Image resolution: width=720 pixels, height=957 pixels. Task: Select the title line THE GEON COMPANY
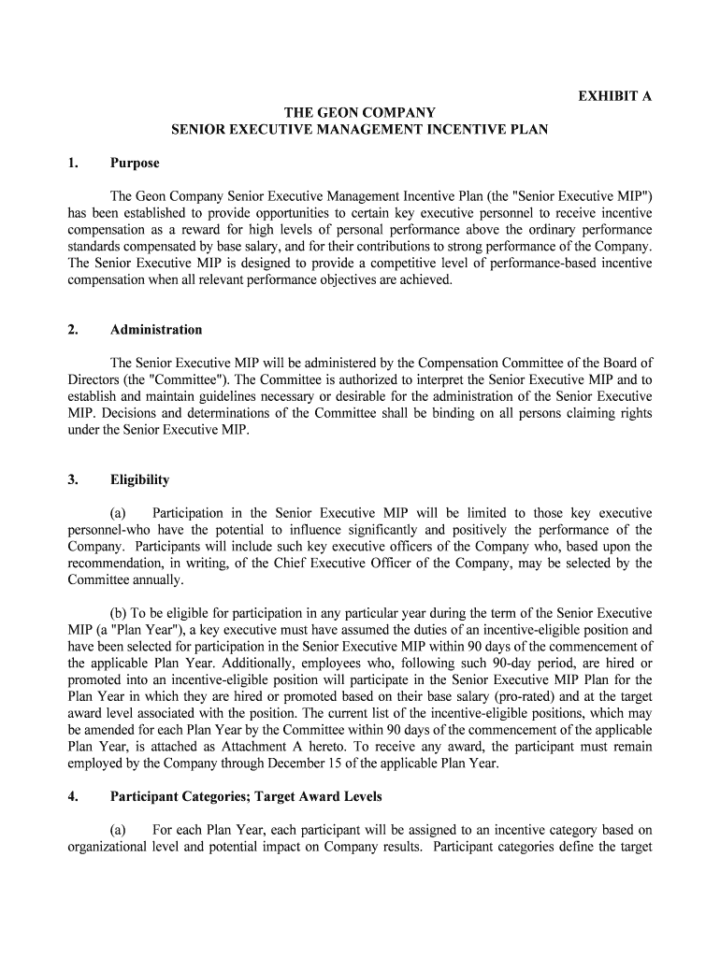tap(360, 112)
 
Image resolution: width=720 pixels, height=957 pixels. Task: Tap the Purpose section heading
tap(135, 163)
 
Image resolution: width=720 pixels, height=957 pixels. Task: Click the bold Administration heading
tap(156, 329)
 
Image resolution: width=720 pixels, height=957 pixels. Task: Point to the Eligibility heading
tap(140, 479)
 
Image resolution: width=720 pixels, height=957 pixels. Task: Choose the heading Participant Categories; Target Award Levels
tap(246, 797)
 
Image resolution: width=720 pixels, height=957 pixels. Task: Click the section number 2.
tap(72, 329)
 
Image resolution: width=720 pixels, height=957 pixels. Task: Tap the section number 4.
tap(72, 797)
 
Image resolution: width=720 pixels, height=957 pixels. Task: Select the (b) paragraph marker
tap(120, 613)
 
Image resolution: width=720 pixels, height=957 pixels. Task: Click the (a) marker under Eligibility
tap(119, 513)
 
